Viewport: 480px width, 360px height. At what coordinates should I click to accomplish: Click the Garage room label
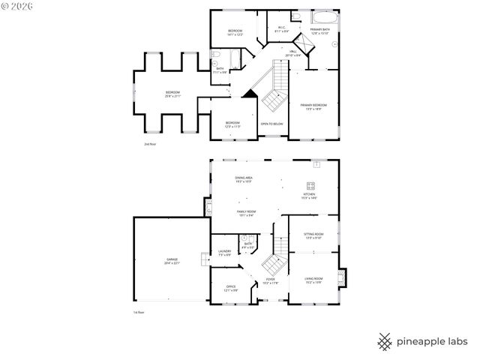point(172,262)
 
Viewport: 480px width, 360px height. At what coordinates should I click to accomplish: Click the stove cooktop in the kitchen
point(311,185)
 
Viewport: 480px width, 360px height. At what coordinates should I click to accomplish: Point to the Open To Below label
point(271,124)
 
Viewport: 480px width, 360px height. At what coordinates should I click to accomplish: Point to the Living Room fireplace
point(342,277)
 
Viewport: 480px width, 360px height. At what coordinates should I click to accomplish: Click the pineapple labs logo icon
point(385,340)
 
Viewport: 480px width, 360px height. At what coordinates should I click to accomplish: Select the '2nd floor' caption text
point(151,143)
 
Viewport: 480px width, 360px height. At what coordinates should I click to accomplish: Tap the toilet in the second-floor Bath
point(214,54)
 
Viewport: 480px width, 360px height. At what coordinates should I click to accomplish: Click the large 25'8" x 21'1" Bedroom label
point(173,94)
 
